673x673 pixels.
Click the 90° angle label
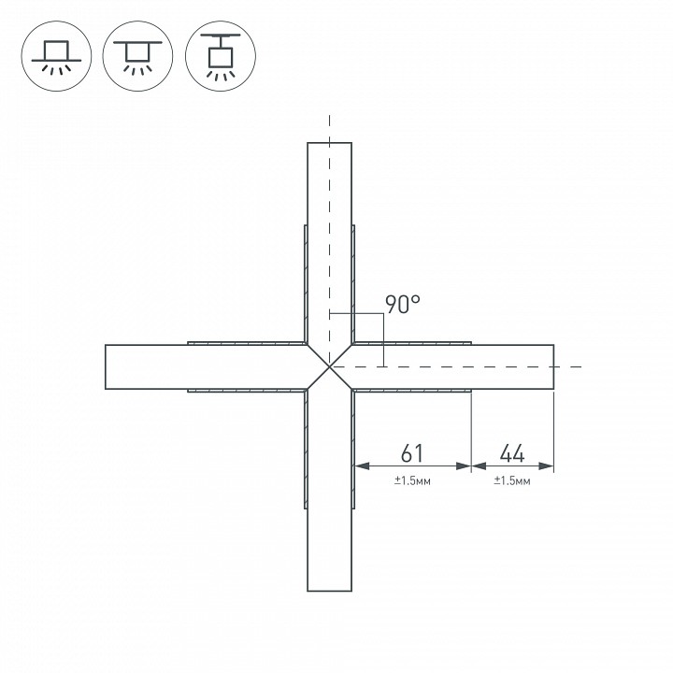403,305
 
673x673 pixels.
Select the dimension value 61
412,453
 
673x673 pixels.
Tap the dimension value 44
511,453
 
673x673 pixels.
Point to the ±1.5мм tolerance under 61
412,480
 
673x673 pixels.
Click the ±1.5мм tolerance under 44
512,480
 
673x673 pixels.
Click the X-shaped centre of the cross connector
329,366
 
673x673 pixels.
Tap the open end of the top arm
329,143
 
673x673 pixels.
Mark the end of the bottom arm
329,591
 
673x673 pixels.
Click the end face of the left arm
106,366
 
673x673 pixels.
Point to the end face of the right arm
553,366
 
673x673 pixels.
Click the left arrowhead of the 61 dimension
358,465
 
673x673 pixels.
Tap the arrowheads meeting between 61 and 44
471,465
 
